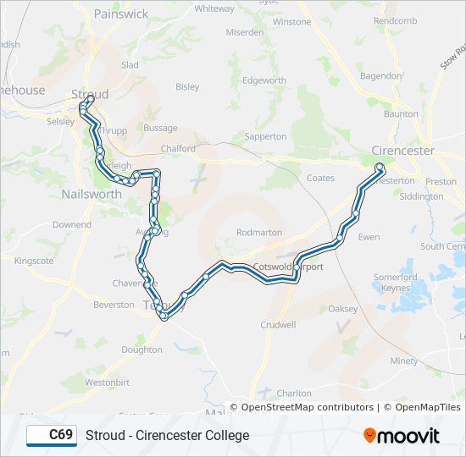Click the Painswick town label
(x=121, y=14)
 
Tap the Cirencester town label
(x=402, y=151)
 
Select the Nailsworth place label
(x=92, y=194)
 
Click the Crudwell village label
(x=278, y=324)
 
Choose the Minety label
(x=404, y=361)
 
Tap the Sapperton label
(x=265, y=136)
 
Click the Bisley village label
(x=187, y=86)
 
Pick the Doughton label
(x=141, y=350)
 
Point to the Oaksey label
(x=343, y=309)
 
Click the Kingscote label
(x=34, y=261)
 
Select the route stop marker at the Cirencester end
(x=380, y=167)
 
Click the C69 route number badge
(x=52, y=435)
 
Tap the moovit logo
(x=402, y=435)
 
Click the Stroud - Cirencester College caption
(x=168, y=435)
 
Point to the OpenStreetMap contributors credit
(x=307, y=407)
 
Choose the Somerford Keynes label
(x=396, y=282)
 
